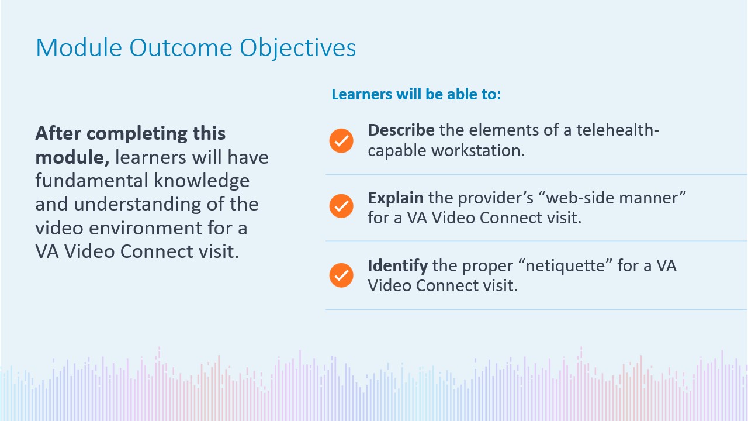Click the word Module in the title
(79, 47)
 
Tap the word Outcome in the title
(181, 47)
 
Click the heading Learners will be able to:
(416, 94)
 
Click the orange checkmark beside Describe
(341, 141)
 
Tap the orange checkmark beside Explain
(341, 206)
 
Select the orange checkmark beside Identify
(341, 275)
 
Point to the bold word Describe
(401, 130)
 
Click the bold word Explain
(396, 198)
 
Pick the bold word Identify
(398, 266)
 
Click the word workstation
(478, 150)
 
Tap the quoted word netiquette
(565, 266)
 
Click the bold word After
(58, 133)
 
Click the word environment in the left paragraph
(146, 228)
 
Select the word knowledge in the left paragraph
(202, 181)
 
